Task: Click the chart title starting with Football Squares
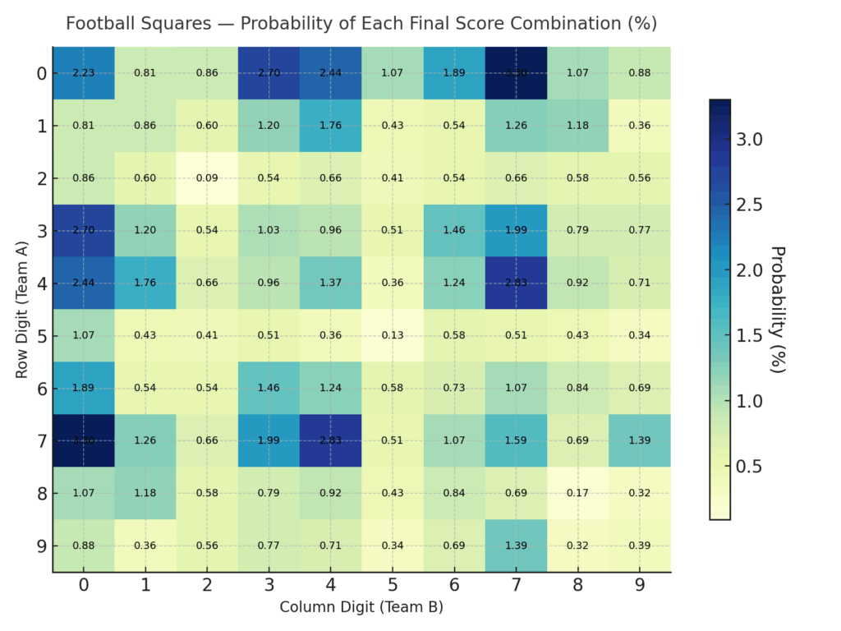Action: coord(361,23)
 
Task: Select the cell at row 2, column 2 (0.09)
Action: coord(207,178)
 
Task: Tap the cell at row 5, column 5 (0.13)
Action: coord(393,336)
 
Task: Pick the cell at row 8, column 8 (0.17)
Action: coord(578,493)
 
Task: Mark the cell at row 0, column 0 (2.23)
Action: coord(83,73)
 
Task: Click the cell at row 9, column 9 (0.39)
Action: coord(640,546)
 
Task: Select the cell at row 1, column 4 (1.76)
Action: coord(331,126)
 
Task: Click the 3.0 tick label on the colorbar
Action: coord(748,140)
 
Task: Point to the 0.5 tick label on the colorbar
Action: coord(748,467)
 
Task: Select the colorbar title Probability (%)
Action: coord(777,309)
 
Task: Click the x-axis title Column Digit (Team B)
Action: coord(361,608)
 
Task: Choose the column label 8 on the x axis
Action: coord(578,585)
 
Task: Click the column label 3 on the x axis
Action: coord(269,585)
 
